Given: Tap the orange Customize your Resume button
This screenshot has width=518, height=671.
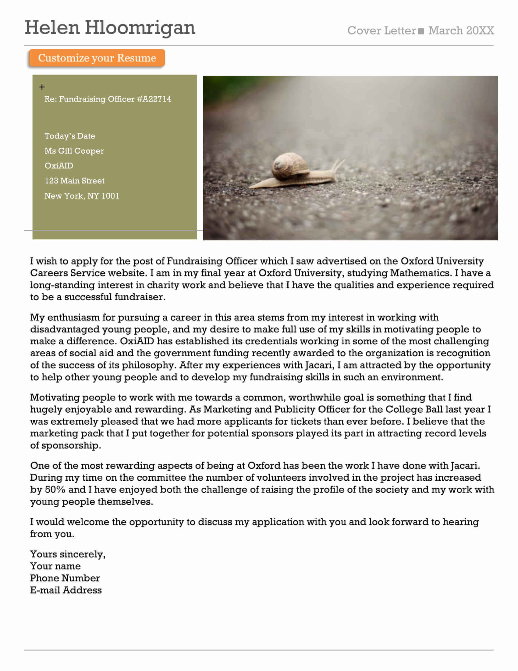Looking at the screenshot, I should [x=97, y=58].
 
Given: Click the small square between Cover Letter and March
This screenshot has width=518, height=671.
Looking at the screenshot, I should [x=421, y=31].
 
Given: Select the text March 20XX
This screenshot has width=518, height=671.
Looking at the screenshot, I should [x=461, y=31].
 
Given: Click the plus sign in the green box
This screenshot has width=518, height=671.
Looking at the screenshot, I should [x=42, y=87].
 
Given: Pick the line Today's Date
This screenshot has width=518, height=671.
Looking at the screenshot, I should [x=70, y=136].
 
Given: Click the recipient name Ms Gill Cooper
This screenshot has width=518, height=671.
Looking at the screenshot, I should [x=74, y=151].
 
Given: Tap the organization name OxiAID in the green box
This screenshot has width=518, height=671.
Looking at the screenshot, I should [x=59, y=166].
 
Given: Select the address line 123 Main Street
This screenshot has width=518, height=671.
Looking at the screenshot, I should [x=75, y=181].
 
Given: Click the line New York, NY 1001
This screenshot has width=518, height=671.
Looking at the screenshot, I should [x=82, y=196].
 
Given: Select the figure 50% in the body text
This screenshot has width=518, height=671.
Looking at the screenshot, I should [x=55, y=490].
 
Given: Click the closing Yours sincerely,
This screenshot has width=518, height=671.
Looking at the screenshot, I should [x=68, y=554].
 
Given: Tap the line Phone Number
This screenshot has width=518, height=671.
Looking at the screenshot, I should [x=65, y=578].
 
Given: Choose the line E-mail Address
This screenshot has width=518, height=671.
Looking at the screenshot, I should [x=66, y=590].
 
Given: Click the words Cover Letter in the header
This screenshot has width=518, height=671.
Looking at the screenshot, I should [x=381, y=31].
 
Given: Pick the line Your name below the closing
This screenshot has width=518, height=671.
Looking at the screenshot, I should [x=55, y=566].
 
